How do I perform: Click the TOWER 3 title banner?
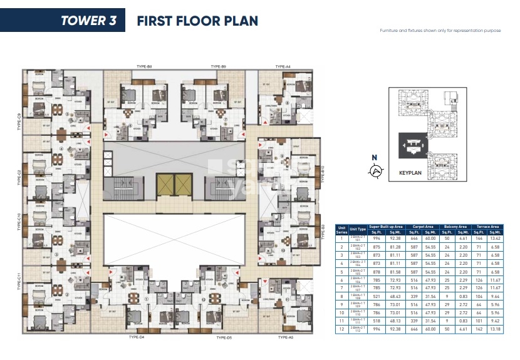(x=62, y=20)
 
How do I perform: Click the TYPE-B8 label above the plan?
(x=144, y=66)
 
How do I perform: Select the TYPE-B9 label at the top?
(x=218, y=66)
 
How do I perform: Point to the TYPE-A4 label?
(x=283, y=66)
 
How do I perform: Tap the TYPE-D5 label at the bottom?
(x=224, y=337)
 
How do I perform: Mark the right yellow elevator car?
(x=183, y=183)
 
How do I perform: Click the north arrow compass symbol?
(x=376, y=169)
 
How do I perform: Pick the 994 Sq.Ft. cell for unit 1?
(x=376, y=239)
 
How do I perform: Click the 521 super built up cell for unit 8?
(x=376, y=296)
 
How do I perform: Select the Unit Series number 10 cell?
(x=342, y=312)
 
